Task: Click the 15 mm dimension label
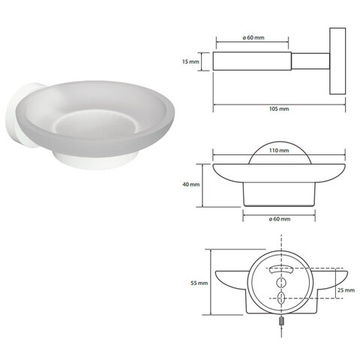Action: (190, 61)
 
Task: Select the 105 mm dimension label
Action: (279, 109)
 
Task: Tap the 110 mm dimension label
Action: (279, 150)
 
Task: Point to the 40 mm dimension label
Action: (191, 184)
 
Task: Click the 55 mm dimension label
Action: (199, 283)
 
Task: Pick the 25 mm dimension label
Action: (346, 290)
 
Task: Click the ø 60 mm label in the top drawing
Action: (253, 37)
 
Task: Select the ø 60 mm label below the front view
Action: (280, 219)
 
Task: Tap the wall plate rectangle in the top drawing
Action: (337, 61)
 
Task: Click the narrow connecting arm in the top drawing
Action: (310, 61)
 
